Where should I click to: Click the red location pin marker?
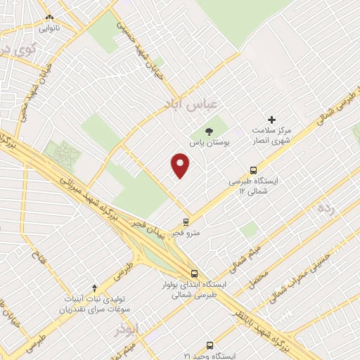pyautogui.click(x=181, y=166)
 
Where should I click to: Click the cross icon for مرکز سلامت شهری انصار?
pyautogui.click(x=272, y=120)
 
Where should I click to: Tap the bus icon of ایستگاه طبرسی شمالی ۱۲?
pyautogui.click(x=253, y=169)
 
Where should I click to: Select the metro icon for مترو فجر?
pyautogui.click(x=186, y=221)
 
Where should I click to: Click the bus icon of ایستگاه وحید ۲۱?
pyautogui.click(x=210, y=345)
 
